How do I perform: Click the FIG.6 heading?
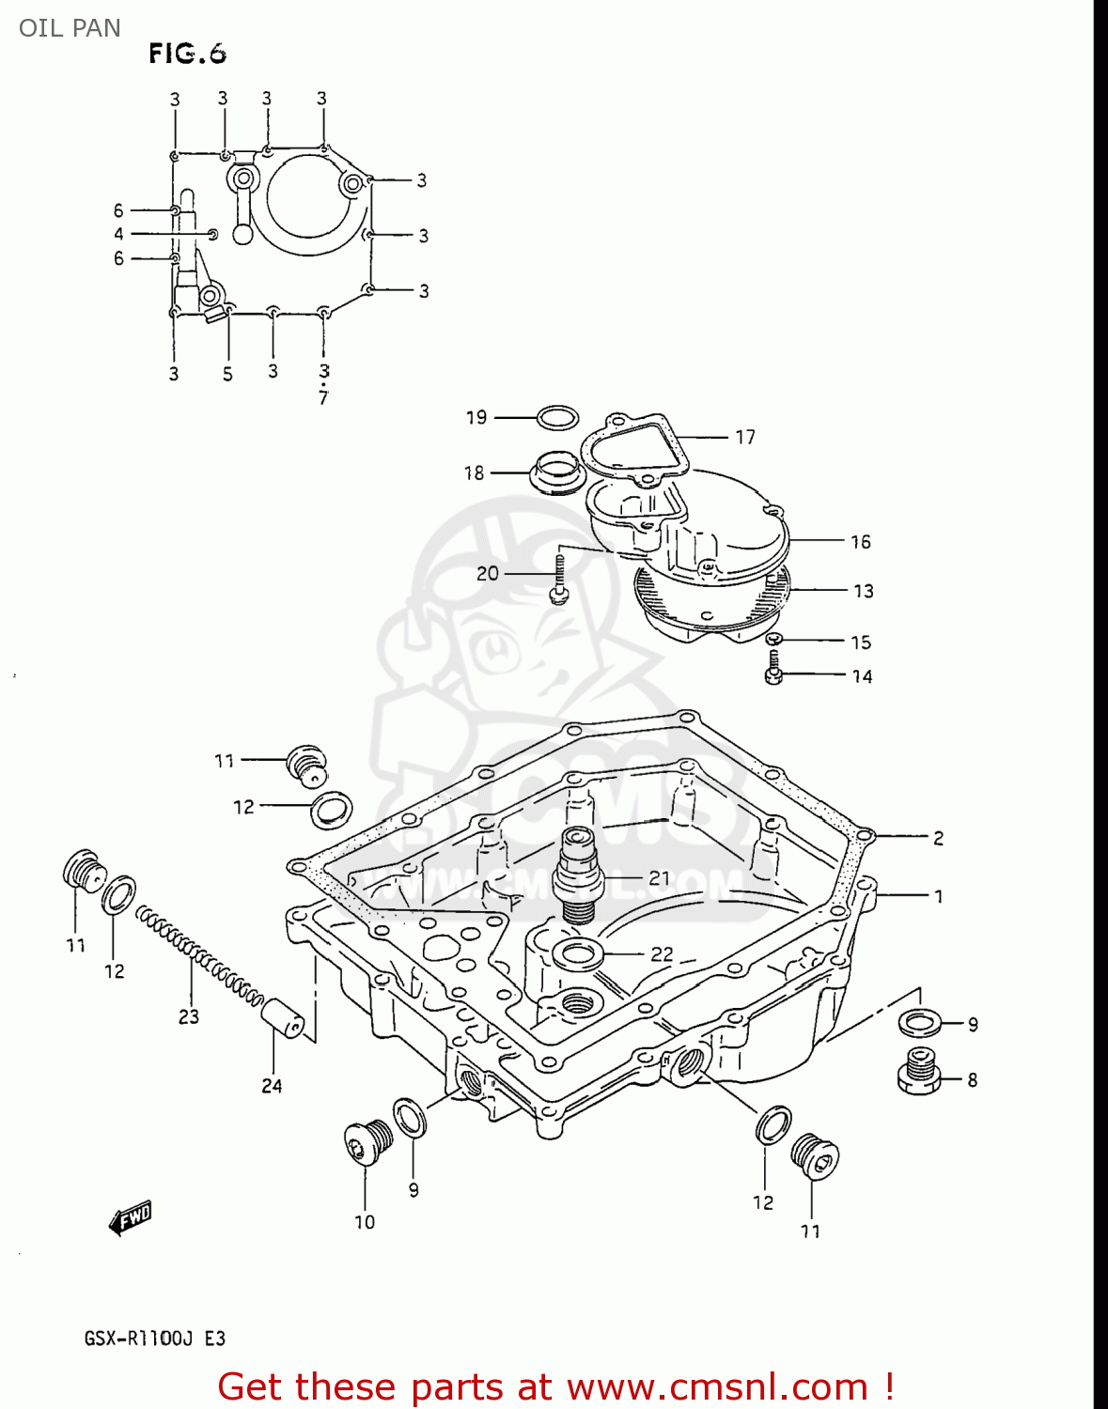187,54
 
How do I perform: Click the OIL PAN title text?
70,28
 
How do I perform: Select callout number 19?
476,417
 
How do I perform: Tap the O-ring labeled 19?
556,418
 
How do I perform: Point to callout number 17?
745,437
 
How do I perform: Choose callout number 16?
860,542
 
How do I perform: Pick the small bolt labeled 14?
774,669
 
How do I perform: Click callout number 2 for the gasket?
938,838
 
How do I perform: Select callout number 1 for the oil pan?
938,896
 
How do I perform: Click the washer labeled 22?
578,954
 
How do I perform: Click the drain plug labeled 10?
367,1142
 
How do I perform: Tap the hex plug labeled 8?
919,1072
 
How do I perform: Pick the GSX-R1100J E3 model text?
155,1338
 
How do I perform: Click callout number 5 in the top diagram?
227,374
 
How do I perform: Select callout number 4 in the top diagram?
118,234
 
